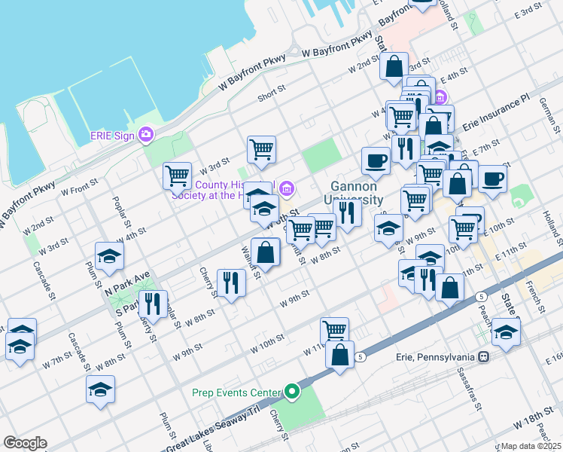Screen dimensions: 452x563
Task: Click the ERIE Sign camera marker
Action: pyautogui.click(x=146, y=135)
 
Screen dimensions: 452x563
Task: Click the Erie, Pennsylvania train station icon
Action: pyautogui.click(x=483, y=356)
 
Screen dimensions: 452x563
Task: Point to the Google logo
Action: pyautogui.click(x=25, y=443)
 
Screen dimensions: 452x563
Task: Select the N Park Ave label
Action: pyautogui.click(x=128, y=282)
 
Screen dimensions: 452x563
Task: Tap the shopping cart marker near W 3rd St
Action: pyautogui.click(x=177, y=176)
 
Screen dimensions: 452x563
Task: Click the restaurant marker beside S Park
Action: pyautogui.click(x=153, y=304)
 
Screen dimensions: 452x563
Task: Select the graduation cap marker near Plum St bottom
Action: pyautogui.click(x=100, y=390)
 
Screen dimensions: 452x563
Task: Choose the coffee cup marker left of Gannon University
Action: pyautogui.click(x=376, y=160)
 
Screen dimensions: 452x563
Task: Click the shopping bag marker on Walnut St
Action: pyautogui.click(x=266, y=252)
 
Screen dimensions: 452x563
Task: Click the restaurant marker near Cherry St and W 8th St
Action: pyautogui.click(x=231, y=282)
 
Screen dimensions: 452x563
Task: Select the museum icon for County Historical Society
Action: pyautogui.click(x=285, y=188)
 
